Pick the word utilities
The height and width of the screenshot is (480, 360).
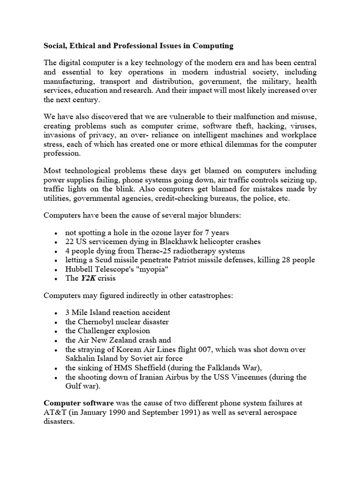coord(57,199)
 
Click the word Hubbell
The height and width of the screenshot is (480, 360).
coord(80,269)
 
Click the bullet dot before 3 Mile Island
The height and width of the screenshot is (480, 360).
coord(56,313)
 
